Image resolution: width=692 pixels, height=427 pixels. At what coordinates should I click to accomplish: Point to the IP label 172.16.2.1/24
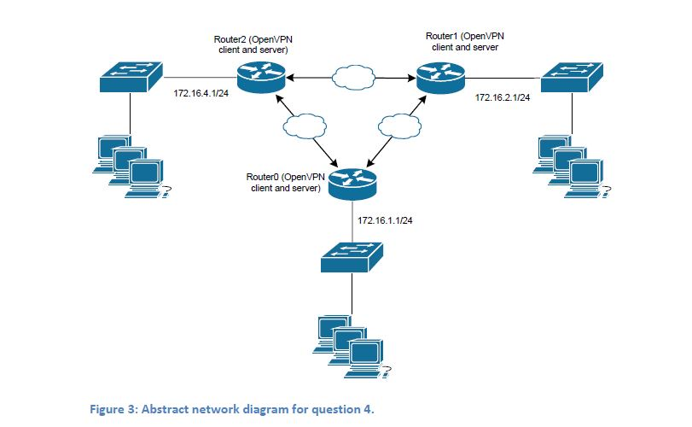pyautogui.click(x=503, y=98)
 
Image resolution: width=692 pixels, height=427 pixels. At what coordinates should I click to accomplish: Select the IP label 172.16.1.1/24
pyautogui.click(x=386, y=220)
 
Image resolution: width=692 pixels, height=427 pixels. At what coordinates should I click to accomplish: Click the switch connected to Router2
pyautogui.click(x=130, y=78)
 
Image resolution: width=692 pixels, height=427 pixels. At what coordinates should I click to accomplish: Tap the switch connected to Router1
pyautogui.click(x=573, y=77)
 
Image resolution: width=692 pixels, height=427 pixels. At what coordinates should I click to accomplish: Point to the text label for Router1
pyautogui.click(x=465, y=42)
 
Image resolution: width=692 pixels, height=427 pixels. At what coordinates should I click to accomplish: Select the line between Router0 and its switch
pyautogui.click(x=352, y=222)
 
